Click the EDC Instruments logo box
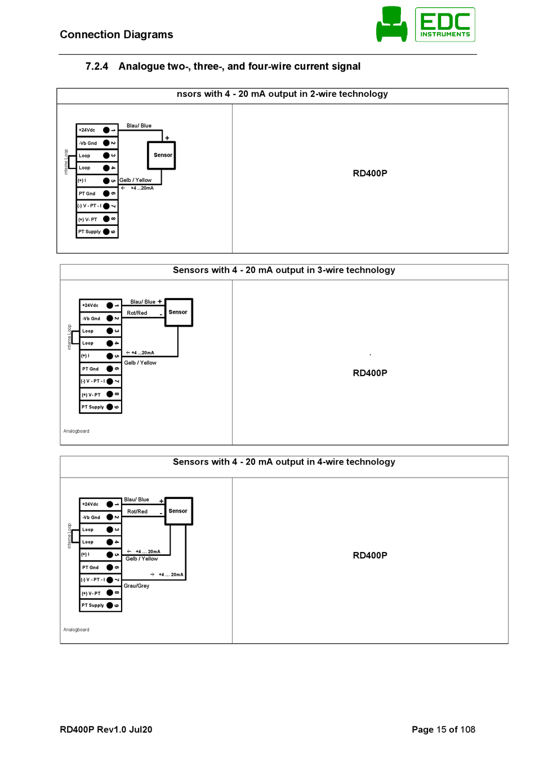[x=444, y=24]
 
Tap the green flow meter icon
[x=391, y=24]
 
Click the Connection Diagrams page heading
[x=117, y=34]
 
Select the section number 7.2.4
[x=97, y=66]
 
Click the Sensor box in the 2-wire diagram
[x=161, y=155]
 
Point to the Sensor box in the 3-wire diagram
[x=179, y=312]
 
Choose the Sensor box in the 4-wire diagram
[x=179, y=511]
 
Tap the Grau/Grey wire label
[x=136, y=586]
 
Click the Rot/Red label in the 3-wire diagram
[x=137, y=313]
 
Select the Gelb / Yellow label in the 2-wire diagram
[x=135, y=180]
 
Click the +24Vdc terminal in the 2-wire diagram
[x=97, y=130]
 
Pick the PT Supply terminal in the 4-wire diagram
[x=100, y=605]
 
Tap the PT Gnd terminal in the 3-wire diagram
[x=100, y=369]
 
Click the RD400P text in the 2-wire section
[x=369, y=173]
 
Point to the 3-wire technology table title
[x=284, y=270]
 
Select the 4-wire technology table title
[x=284, y=462]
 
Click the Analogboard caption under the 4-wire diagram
[x=76, y=630]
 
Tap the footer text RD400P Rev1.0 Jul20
[x=106, y=729]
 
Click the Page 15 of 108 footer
[x=443, y=729]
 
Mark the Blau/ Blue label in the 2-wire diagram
[x=139, y=126]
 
